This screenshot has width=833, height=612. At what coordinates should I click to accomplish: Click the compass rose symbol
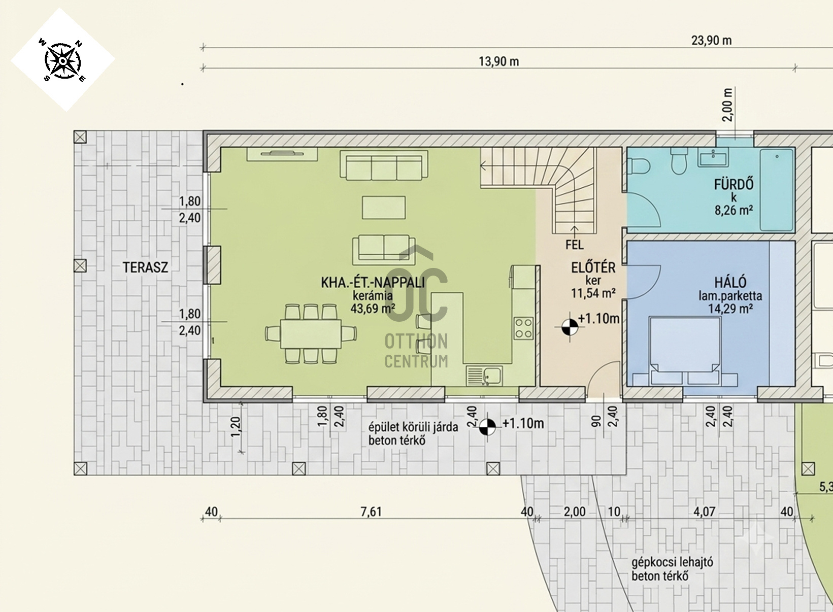62,60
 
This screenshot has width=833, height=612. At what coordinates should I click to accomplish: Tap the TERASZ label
145,267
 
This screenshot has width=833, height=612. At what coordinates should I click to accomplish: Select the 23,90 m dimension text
711,40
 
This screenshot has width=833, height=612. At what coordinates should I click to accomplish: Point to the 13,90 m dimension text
498,61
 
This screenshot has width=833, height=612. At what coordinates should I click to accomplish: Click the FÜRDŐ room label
734,184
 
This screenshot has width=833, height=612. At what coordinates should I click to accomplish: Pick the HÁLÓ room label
730,283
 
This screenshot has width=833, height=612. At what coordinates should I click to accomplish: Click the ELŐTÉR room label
593,268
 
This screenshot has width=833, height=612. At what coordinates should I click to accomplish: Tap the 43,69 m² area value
373,308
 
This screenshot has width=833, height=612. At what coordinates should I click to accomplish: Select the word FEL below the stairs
575,245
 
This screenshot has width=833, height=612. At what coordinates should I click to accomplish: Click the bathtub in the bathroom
777,190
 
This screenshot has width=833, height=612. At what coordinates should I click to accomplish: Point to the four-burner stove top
523,328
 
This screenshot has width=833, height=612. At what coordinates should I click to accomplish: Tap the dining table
311,333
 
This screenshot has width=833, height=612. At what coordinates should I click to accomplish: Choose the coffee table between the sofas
384,208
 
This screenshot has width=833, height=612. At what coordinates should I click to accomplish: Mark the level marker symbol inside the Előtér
570,327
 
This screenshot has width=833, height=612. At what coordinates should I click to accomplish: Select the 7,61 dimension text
371,512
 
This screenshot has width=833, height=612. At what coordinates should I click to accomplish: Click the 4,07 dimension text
705,512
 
